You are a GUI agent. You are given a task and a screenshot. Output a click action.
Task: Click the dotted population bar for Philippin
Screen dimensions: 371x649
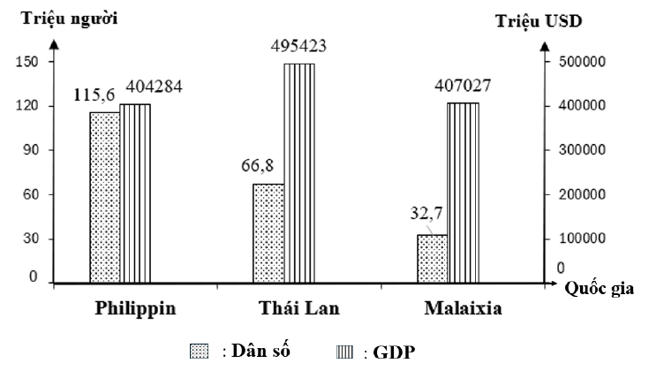(x=104, y=197)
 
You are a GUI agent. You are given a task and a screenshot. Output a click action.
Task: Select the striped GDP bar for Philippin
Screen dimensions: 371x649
(x=135, y=194)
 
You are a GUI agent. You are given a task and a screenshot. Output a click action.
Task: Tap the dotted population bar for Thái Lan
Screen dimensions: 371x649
(x=268, y=234)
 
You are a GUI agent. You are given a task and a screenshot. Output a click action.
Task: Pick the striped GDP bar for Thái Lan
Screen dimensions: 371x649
(x=298, y=173)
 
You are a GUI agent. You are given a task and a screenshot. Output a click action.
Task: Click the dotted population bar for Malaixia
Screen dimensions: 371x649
(x=432, y=259)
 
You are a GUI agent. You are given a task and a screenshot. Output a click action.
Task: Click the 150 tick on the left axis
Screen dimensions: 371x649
(x=27, y=62)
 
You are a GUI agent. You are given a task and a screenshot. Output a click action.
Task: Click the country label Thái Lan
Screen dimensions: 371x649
(x=299, y=310)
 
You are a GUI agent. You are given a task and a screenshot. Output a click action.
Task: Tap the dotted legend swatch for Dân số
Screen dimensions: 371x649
(x=199, y=352)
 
